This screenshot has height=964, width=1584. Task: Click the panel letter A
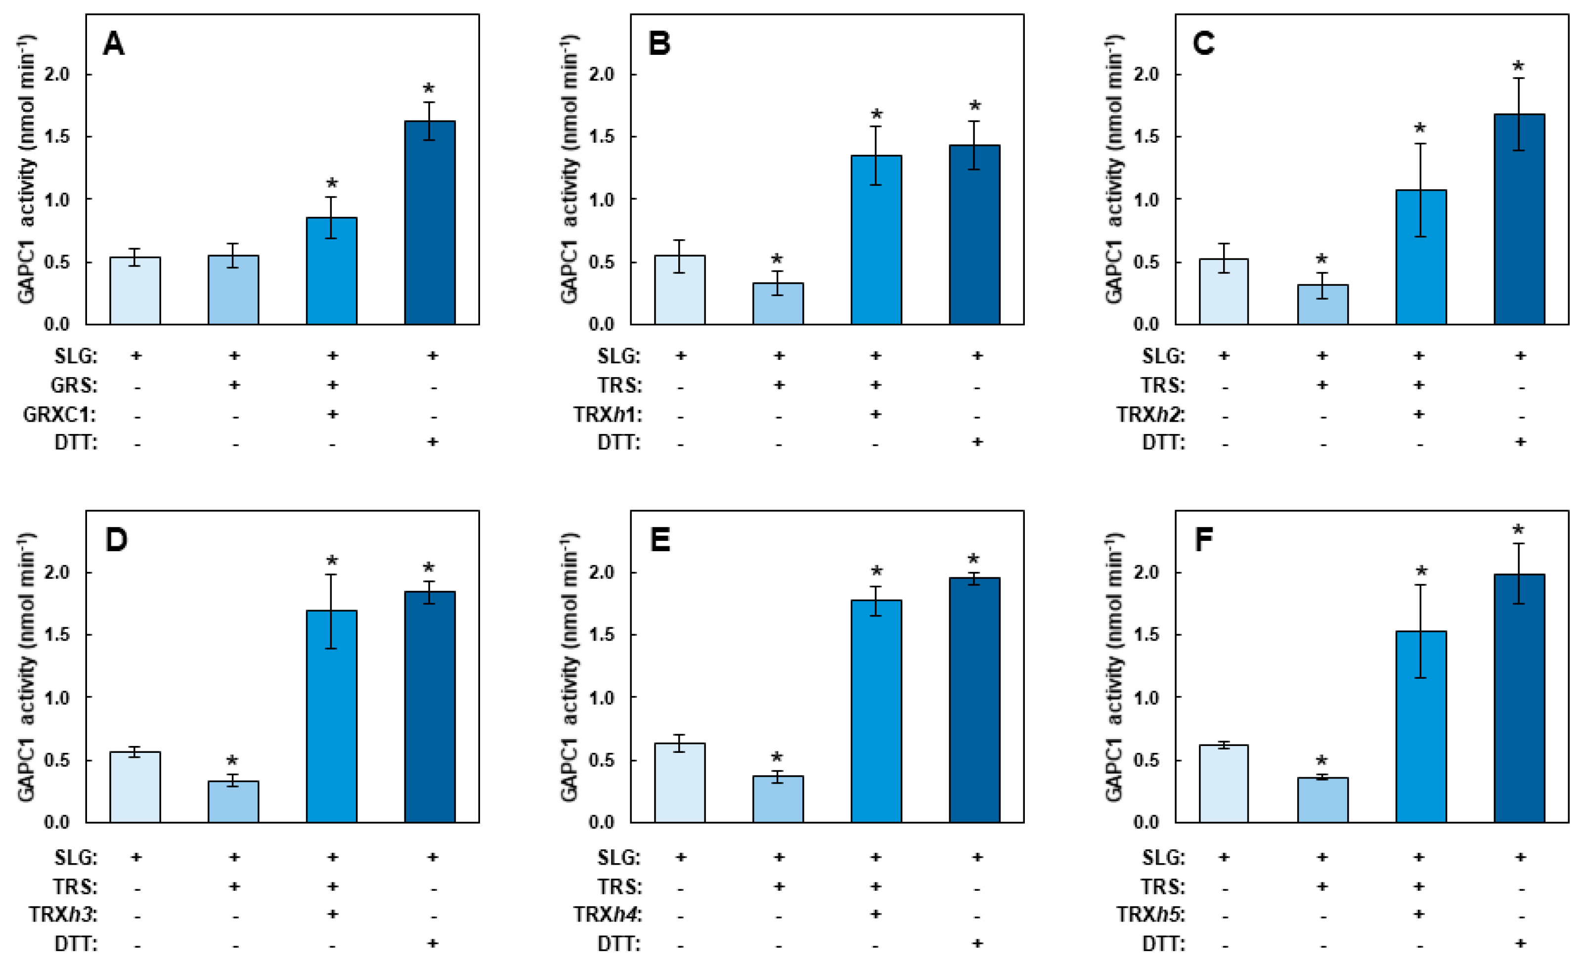tap(114, 44)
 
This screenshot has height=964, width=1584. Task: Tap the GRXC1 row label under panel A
tap(59, 414)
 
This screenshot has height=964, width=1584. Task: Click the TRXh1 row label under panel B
tap(608, 414)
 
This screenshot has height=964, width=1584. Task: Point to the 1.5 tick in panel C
tap(1145, 137)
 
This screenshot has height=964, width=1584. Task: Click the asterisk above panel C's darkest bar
tap(1518, 67)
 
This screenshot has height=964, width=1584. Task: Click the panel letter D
tap(116, 540)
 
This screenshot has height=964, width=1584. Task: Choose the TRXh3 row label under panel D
tap(63, 914)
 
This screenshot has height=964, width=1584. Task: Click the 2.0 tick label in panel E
tap(601, 572)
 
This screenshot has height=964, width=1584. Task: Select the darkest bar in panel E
tap(974, 700)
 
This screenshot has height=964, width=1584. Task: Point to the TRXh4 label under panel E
tap(608, 914)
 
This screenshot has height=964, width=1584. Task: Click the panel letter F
tap(1203, 540)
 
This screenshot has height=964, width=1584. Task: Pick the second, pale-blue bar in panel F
tap(1322, 799)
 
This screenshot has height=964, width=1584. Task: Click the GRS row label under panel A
tap(74, 386)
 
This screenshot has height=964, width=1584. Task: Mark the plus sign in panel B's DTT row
tap(977, 441)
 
